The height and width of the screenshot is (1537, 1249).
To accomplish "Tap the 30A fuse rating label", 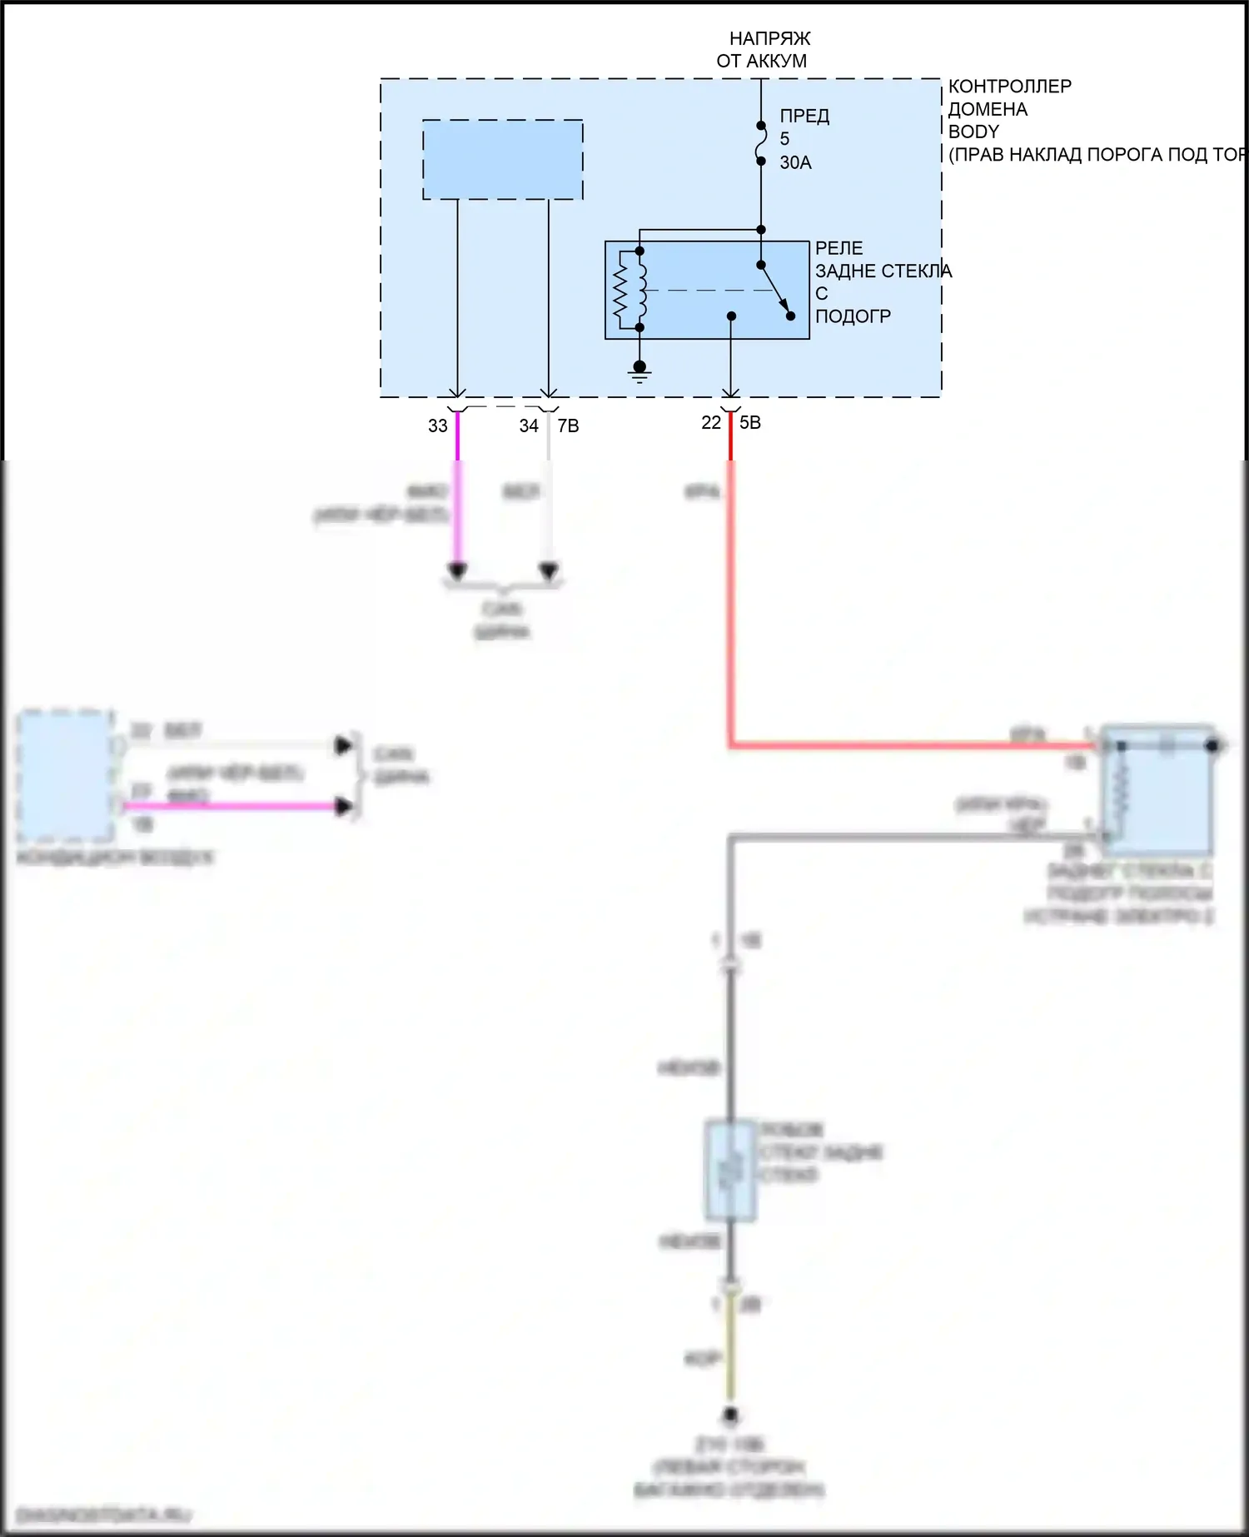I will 795,162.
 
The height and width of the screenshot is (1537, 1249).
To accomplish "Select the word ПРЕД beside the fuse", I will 804,116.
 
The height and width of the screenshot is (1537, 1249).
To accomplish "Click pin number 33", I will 438,425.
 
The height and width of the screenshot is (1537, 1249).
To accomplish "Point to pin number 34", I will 529,425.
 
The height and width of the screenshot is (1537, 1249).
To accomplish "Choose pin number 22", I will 711,423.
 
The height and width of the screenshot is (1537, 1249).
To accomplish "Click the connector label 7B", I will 568,425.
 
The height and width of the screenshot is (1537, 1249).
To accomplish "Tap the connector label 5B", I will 750,423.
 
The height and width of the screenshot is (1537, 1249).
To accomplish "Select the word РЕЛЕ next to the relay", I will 838,248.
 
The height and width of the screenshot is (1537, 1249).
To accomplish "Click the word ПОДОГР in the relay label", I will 853,316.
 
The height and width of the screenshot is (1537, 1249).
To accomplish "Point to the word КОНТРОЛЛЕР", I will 1009,86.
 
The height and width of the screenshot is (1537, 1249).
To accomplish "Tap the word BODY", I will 973,132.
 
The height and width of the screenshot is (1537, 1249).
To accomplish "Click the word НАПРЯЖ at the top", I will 769,38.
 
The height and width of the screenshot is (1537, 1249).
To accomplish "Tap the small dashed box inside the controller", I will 502,159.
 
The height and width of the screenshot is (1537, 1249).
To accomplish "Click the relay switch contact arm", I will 775,291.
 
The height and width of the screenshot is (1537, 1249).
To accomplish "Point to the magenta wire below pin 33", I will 457,508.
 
